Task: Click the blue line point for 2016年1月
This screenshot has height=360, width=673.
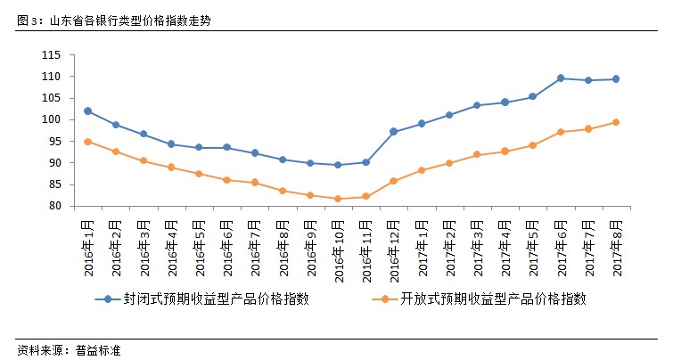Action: [87, 111]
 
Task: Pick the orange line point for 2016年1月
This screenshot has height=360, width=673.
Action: [87, 142]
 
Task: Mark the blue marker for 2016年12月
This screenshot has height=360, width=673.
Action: [393, 132]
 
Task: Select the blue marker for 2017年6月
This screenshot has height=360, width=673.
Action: [560, 78]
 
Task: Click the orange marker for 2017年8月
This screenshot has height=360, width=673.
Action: [615, 122]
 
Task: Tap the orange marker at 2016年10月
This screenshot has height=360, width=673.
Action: [338, 199]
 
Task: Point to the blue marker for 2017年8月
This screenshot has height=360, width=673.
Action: [615, 79]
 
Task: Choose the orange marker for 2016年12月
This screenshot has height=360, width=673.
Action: [393, 181]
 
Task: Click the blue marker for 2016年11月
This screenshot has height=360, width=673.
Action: [365, 162]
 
